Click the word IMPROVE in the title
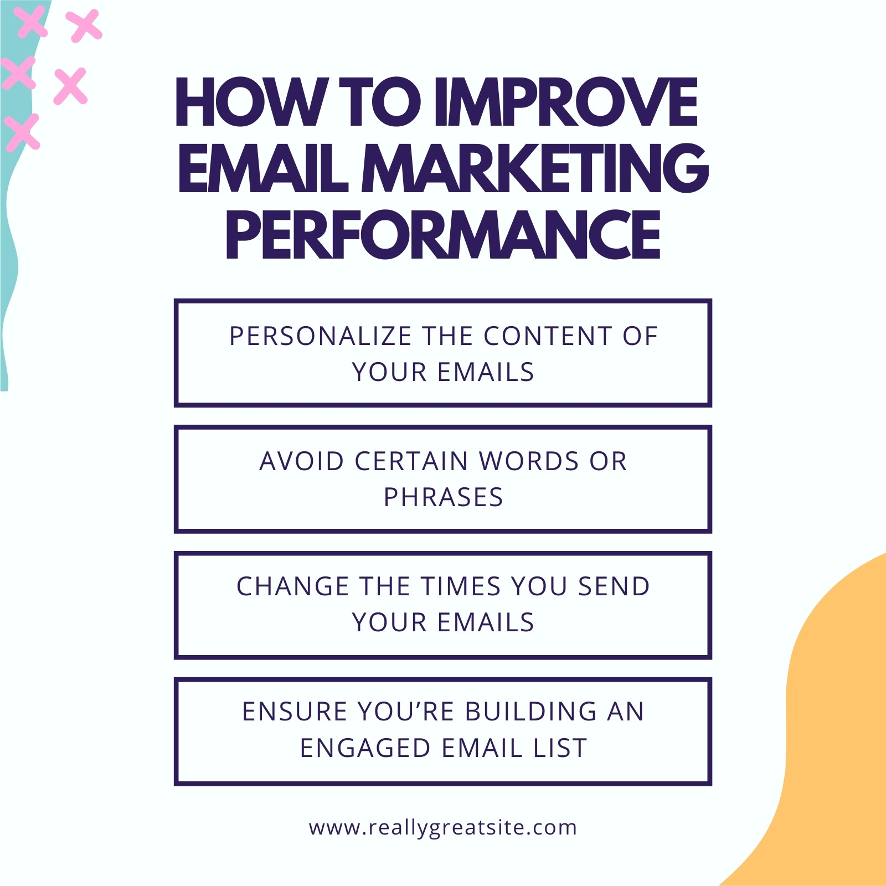coord(565,102)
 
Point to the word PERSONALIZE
coord(321,336)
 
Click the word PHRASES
coord(444,497)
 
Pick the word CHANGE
coord(293,586)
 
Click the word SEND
coord(614,586)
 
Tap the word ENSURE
coord(295,712)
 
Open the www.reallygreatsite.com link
coord(443,828)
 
